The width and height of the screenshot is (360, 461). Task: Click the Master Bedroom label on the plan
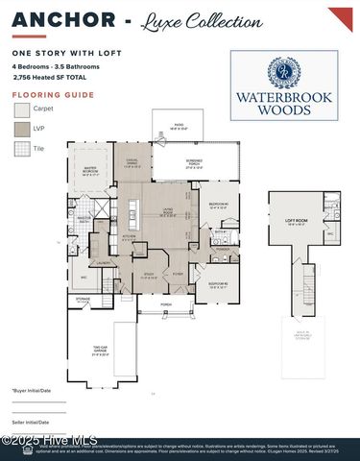click(91, 173)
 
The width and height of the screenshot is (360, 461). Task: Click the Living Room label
click(167, 215)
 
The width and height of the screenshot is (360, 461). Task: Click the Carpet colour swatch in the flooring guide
click(21, 109)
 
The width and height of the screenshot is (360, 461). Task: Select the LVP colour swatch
click(21, 129)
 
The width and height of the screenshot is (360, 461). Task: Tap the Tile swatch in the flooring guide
click(21, 149)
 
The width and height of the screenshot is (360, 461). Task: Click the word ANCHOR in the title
click(49, 20)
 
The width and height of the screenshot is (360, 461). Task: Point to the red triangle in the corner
click(343, 16)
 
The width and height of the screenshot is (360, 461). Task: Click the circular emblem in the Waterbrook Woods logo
click(284, 73)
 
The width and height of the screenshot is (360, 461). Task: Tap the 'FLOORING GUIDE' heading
click(39, 95)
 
